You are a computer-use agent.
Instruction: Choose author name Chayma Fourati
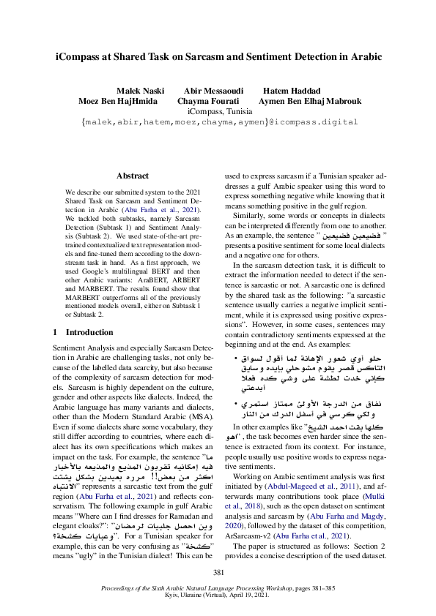211,100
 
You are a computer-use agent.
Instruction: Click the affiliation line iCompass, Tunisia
218,111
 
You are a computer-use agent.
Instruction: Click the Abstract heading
134,176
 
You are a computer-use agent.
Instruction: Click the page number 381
218,572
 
